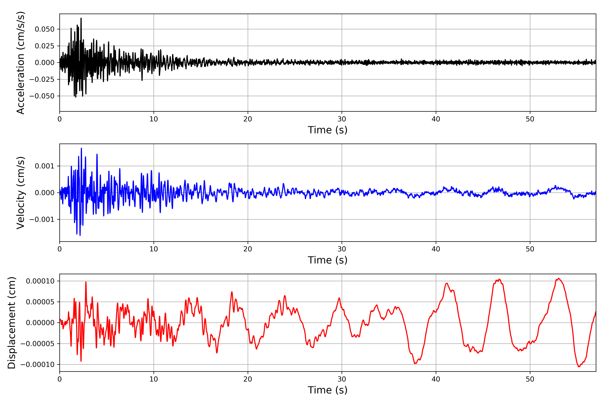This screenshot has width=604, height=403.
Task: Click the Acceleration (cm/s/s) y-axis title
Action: (20, 63)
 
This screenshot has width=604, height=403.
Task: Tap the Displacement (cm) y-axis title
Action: (12, 323)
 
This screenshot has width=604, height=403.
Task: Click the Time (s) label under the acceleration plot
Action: (328, 130)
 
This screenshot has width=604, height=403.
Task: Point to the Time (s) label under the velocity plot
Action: (328, 260)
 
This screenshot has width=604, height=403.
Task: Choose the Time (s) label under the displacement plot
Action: (328, 390)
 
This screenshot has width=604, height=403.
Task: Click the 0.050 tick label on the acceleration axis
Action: (45, 29)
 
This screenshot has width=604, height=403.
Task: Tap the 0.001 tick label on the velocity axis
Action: (45, 166)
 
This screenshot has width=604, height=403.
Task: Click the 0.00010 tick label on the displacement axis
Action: (40, 281)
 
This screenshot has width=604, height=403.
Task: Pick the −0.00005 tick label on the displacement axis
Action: (37, 344)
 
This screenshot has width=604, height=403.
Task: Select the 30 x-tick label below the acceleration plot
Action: (342, 119)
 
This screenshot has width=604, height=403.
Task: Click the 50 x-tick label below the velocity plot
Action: (530, 249)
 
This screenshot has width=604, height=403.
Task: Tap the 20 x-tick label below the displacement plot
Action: (248, 379)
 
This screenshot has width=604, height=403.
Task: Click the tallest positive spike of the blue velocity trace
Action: (81, 148)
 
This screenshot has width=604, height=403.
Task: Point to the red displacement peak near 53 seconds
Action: (559, 278)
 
